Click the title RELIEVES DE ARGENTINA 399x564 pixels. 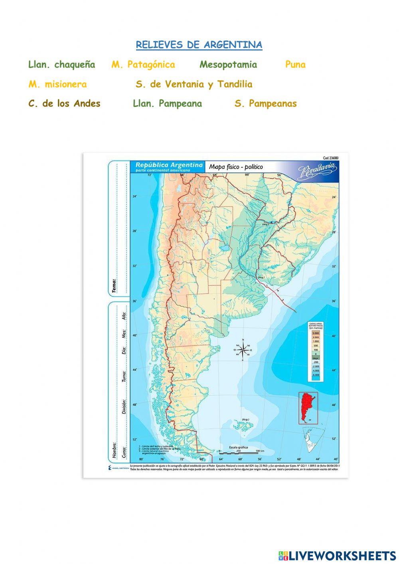coord(199,45)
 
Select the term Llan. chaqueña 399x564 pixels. coord(62,65)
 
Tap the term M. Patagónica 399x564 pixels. coord(143,65)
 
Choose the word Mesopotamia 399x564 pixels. coord(228,65)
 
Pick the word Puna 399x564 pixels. coord(295,65)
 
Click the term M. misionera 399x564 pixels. coord(57,84)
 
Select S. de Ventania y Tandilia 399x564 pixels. coord(194,84)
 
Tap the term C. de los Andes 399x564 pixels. coord(64,104)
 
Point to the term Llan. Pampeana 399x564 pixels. coord(167,104)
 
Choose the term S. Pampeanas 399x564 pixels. coord(266,104)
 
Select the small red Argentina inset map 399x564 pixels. coord(308,408)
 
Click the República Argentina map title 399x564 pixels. coord(169,165)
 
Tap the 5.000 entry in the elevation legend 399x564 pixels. coord(316,333)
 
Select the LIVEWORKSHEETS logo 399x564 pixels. coord(337,555)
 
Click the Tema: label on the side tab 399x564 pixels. coord(115,286)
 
